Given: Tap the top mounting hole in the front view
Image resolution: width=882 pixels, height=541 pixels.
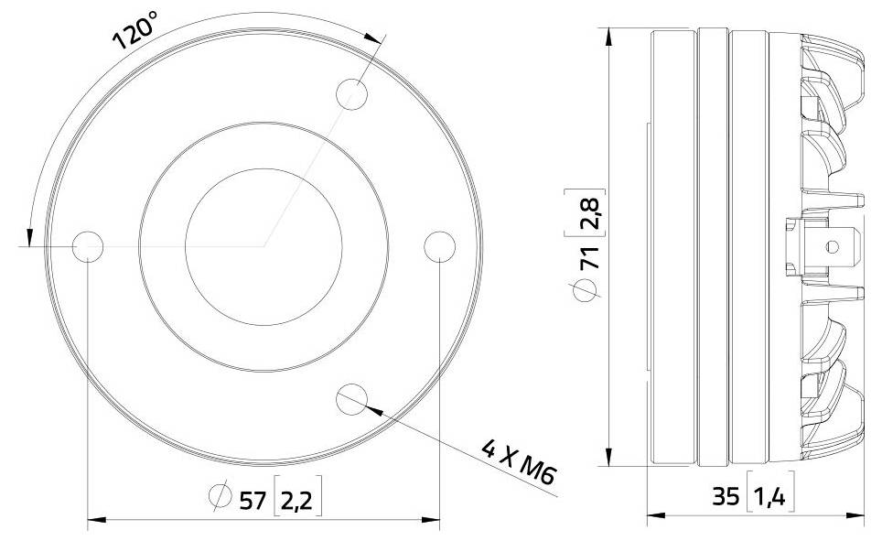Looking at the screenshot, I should click(352, 94).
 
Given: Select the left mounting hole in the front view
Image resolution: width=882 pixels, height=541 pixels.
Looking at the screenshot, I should click(88, 245).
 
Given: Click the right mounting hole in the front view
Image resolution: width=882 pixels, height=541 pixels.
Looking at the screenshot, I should click(440, 245).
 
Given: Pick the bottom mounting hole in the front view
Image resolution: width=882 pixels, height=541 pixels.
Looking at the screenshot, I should click(352, 397).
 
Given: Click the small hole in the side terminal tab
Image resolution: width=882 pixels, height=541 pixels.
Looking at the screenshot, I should click(831, 246).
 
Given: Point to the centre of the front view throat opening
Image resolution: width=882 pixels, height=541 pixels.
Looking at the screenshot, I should click(264, 245).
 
